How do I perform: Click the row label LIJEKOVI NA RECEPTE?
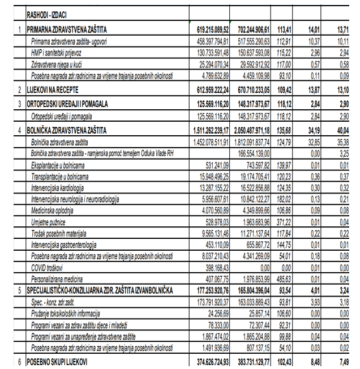54,89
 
